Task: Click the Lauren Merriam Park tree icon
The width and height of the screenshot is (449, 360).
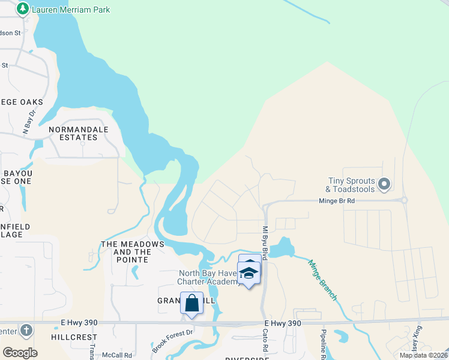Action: click(x=23, y=9)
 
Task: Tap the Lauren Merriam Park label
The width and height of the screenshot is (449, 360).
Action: click(x=71, y=10)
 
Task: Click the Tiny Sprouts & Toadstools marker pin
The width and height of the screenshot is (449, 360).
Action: click(x=385, y=184)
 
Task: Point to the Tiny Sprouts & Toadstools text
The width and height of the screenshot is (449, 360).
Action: click(x=352, y=185)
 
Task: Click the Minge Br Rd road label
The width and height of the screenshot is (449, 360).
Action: click(x=337, y=201)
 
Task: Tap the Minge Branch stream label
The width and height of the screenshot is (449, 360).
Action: click(x=322, y=280)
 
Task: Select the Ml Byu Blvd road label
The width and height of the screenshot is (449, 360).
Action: click(x=265, y=240)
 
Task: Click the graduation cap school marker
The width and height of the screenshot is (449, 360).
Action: click(x=247, y=273)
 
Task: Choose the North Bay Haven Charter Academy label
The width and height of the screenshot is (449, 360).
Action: click(x=209, y=278)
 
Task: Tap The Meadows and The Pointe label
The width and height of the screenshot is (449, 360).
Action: click(x=133, y=248)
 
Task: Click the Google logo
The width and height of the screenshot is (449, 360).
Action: click(x=20, y=353)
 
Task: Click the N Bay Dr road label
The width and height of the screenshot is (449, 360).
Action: click(x=29, y=121)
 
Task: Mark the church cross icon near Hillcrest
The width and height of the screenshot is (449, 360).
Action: click(x=25, y=330)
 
